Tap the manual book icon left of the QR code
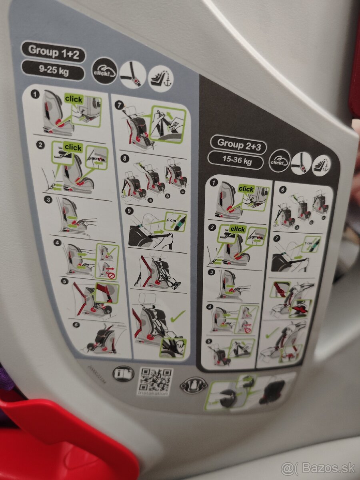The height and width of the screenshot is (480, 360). click(x=123, y=373)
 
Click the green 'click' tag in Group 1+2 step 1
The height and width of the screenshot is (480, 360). click(x=74, y=99)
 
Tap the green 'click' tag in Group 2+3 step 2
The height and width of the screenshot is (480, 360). click(x=238, y=229)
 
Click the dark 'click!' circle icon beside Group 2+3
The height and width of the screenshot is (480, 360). click(x=279, y=160)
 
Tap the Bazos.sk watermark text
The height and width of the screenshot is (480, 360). click(x=318, y=467)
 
